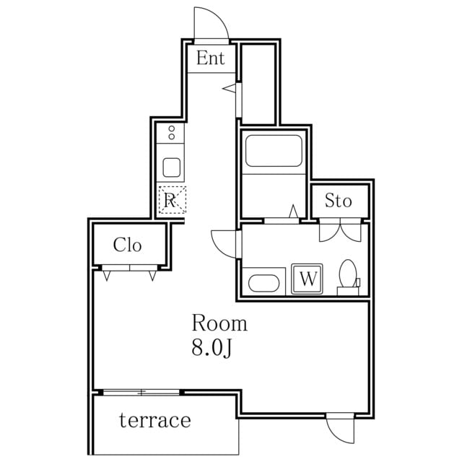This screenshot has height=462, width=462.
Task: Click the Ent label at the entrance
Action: point(210,58)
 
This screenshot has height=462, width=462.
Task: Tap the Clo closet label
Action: point(127,245)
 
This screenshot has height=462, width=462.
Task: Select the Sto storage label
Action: point(339,201)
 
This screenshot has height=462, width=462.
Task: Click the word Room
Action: point(219,323)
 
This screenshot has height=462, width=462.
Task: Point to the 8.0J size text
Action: point(212,348)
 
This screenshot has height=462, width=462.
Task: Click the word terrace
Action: point(155,420)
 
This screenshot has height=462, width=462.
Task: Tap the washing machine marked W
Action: point(307,279)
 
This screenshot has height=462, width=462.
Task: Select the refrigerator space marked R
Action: point(172,200)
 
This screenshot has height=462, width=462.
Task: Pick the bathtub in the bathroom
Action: point(274,151)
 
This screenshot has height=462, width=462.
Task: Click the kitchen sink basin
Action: point(172,167)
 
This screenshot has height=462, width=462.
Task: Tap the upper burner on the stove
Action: point(172,128)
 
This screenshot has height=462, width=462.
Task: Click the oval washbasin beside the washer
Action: point(264,283)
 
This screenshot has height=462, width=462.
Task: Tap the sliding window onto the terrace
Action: point(141,392)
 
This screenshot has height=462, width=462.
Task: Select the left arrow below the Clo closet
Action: point(107,276)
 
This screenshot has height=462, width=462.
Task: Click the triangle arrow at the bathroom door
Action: point(293,212)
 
